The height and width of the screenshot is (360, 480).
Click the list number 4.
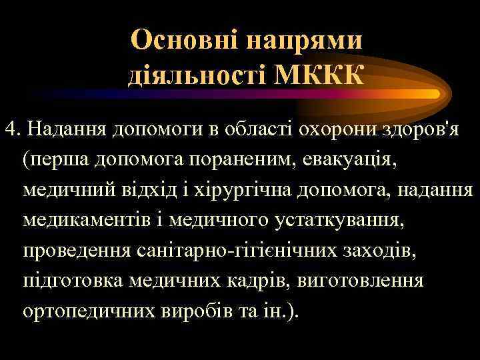(x=9, y=127)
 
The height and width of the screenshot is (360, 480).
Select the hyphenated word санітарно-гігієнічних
(x=242, y=250)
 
